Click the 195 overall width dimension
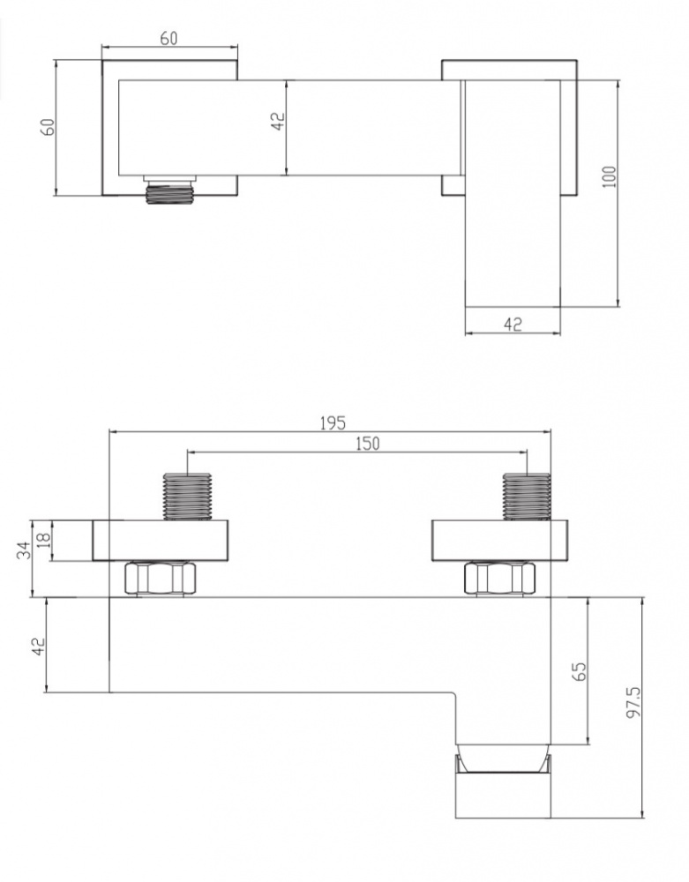(x=333, y=422)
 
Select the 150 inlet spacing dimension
(x=368, y=444)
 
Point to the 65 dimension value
(x=579, y=670)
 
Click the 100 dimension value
(x=610, y=177)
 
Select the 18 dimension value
(x=44, y=540)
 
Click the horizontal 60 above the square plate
(x=169, y=38)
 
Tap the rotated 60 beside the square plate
(x=49, y=126)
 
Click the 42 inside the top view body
(x=278, y=122)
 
